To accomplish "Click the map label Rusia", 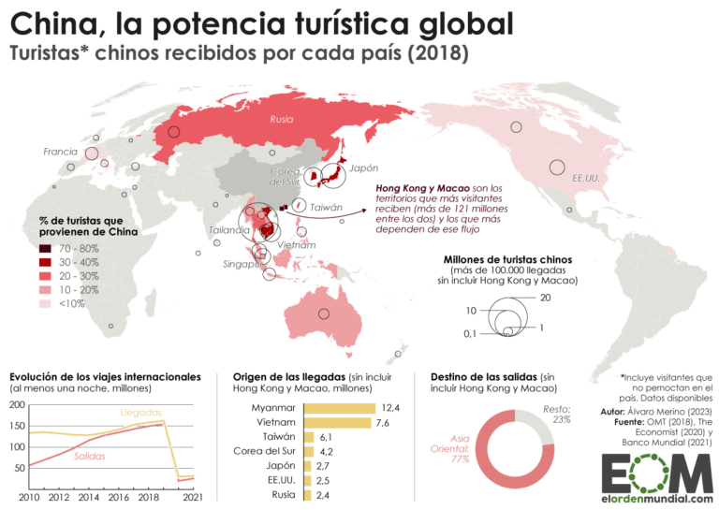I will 281,120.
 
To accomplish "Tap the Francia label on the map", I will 60,152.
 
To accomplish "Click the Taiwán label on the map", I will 327,208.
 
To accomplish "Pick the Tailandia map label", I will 229,229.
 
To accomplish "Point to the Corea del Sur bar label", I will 264,451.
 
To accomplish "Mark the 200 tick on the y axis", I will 17,405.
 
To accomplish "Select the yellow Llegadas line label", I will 140,412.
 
